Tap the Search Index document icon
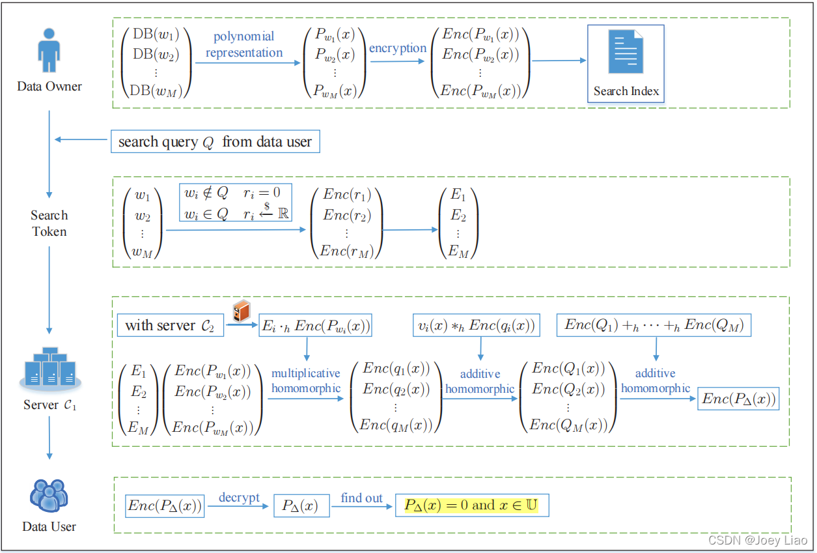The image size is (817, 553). pyautogui.click(x=626, y=54)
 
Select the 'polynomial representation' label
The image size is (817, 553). pyautogui.click(x=244, y=44)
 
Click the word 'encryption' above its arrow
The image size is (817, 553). pyautogui.click(x=398, y=48)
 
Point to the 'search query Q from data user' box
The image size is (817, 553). pyautogui.click(x=215, y=141)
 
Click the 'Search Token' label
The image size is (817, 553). pyautogui.click(x=49, y=223)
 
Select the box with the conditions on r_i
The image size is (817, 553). pyautogui.click(x=235, y=203)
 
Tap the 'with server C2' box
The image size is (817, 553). pyautogui.click(x=171, y=325)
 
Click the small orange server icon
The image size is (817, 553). pyautogui.click(x=242, y=312)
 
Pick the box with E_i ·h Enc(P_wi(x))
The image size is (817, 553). pyautogui.click(x=315, y=326)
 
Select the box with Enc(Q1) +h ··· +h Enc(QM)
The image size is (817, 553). pyautogui.click(x=654, y=325)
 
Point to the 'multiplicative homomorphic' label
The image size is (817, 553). pyautogui.click(x=306, y=381)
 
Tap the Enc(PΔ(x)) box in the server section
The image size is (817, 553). pyautogui.click(x=738, y=399)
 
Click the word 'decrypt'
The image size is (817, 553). pyautogui.click(x=239, y=498)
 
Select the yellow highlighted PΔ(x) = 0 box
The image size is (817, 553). pyautogui.click(x=471, y=505)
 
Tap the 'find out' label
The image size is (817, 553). pyautogui.click(x=361, y=498)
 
